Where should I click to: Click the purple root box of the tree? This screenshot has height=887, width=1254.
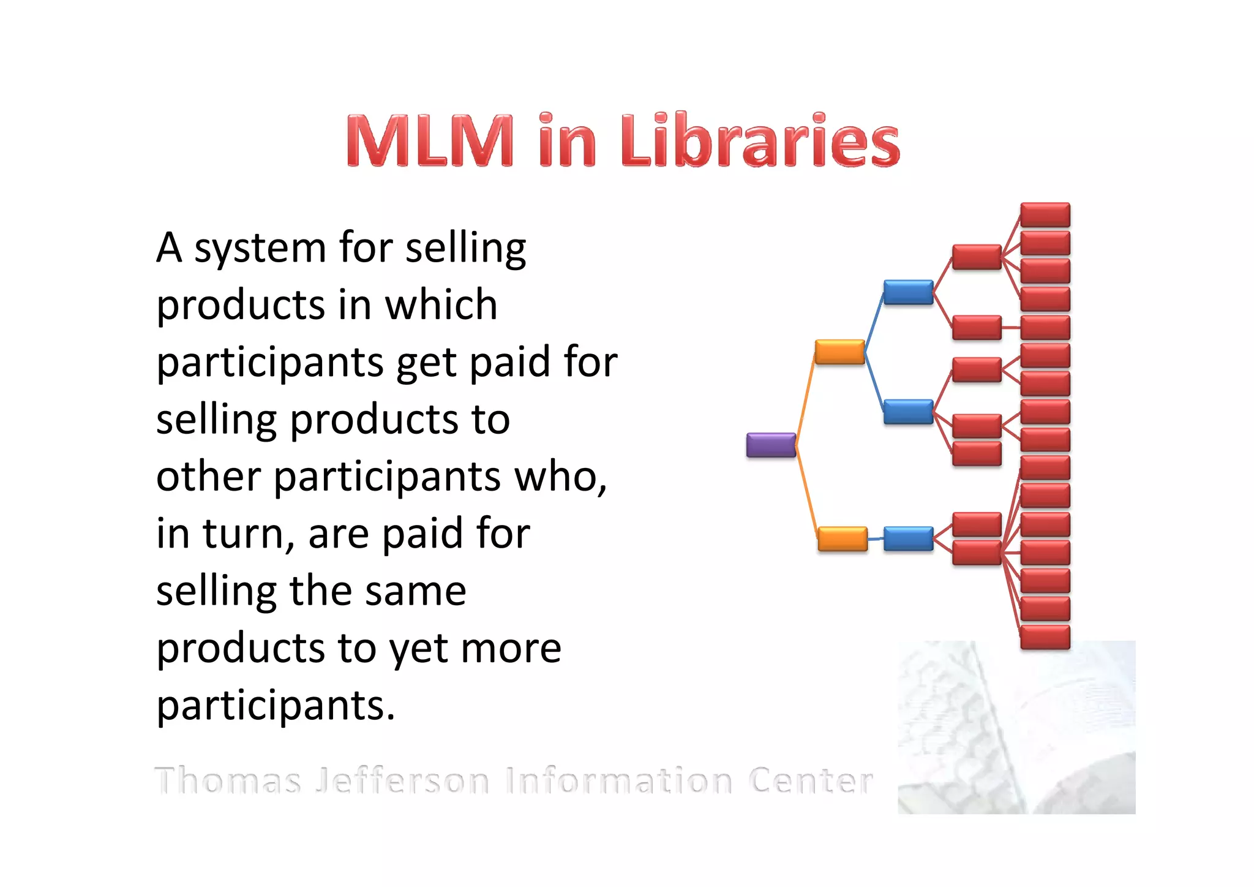click(x=771, y=445)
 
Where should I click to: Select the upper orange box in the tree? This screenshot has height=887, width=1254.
click(x=839, y=352)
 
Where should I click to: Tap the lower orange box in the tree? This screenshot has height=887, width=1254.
click(x=843, y=539)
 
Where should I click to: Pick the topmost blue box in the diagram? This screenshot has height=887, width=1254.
click(x=908, y=292)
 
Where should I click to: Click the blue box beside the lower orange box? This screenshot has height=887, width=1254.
click(x=908, y=539)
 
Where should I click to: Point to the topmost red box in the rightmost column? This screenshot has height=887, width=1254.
click(x=1045, y=215)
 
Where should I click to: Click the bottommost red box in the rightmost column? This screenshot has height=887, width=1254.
click(x=1045, y=637)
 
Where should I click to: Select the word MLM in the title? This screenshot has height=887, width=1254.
click(x=430, y=141)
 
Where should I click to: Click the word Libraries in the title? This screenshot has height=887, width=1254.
click(x=760, y=141)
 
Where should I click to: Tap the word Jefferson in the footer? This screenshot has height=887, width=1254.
click(x=402, y=781)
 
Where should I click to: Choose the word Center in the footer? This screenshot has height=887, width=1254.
click(x=811, y=781)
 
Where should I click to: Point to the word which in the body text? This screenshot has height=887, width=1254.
click(x=441, y=304)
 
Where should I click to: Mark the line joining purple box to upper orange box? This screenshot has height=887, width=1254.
click(x=805, y=398)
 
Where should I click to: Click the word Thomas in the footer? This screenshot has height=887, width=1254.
click(x=228, y=781)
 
